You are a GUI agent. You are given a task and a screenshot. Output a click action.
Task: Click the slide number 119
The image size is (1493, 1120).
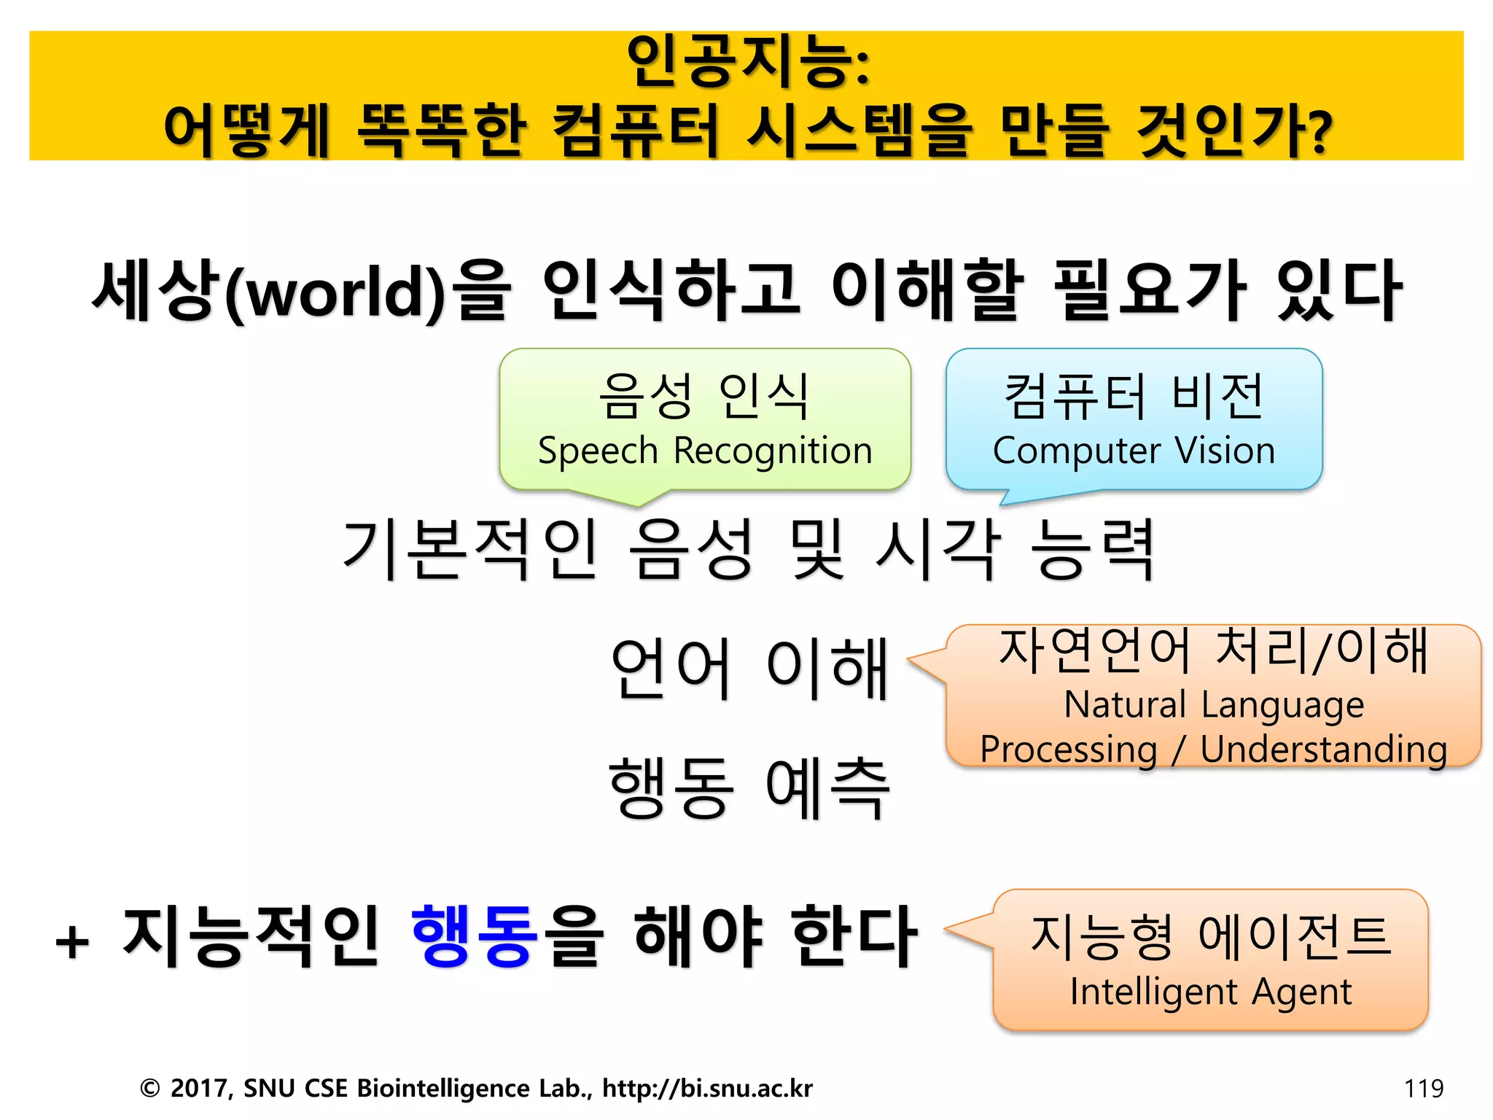pos(1423,1089)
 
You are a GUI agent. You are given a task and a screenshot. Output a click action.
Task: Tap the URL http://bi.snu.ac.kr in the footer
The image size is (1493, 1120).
pos(707,1088)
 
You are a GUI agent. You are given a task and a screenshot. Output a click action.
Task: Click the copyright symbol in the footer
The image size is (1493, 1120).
pos(149,1089)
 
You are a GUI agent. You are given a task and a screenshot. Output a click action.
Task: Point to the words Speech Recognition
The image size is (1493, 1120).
pos(705,451)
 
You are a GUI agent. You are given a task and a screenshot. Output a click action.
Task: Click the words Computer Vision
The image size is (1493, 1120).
pos(1134,451)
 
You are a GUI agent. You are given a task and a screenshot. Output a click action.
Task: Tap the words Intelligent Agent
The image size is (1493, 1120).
pos(1210,992)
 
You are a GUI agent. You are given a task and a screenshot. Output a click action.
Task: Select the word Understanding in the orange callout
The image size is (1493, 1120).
pos(1323,750)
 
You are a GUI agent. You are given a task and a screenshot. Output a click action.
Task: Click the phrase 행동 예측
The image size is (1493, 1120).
pos(749,787)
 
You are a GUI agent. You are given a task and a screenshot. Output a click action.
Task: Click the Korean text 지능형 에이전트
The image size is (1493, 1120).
pos(1210,936)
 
